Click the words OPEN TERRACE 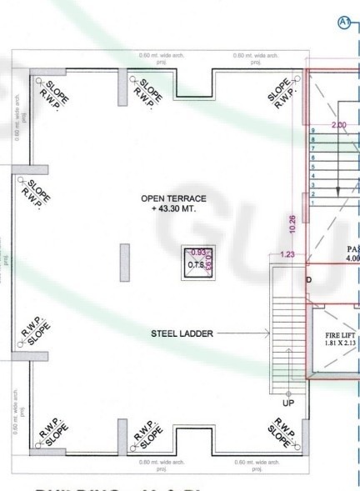click(173, 198)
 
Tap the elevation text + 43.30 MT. click(173, 209)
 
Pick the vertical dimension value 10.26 click(292, 223)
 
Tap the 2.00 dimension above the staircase click(338, 125)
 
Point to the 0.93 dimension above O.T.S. click(198, 252)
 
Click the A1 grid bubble click(342, 22)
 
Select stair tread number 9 click(312, 132)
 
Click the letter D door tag click(308, 279)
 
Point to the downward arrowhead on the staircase click(338, 191)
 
